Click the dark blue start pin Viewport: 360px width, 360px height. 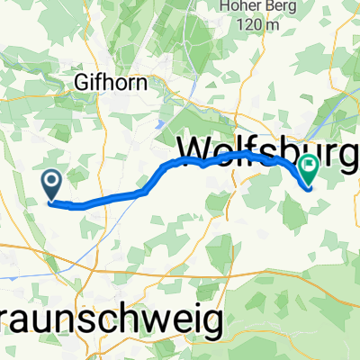pos(51,184)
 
